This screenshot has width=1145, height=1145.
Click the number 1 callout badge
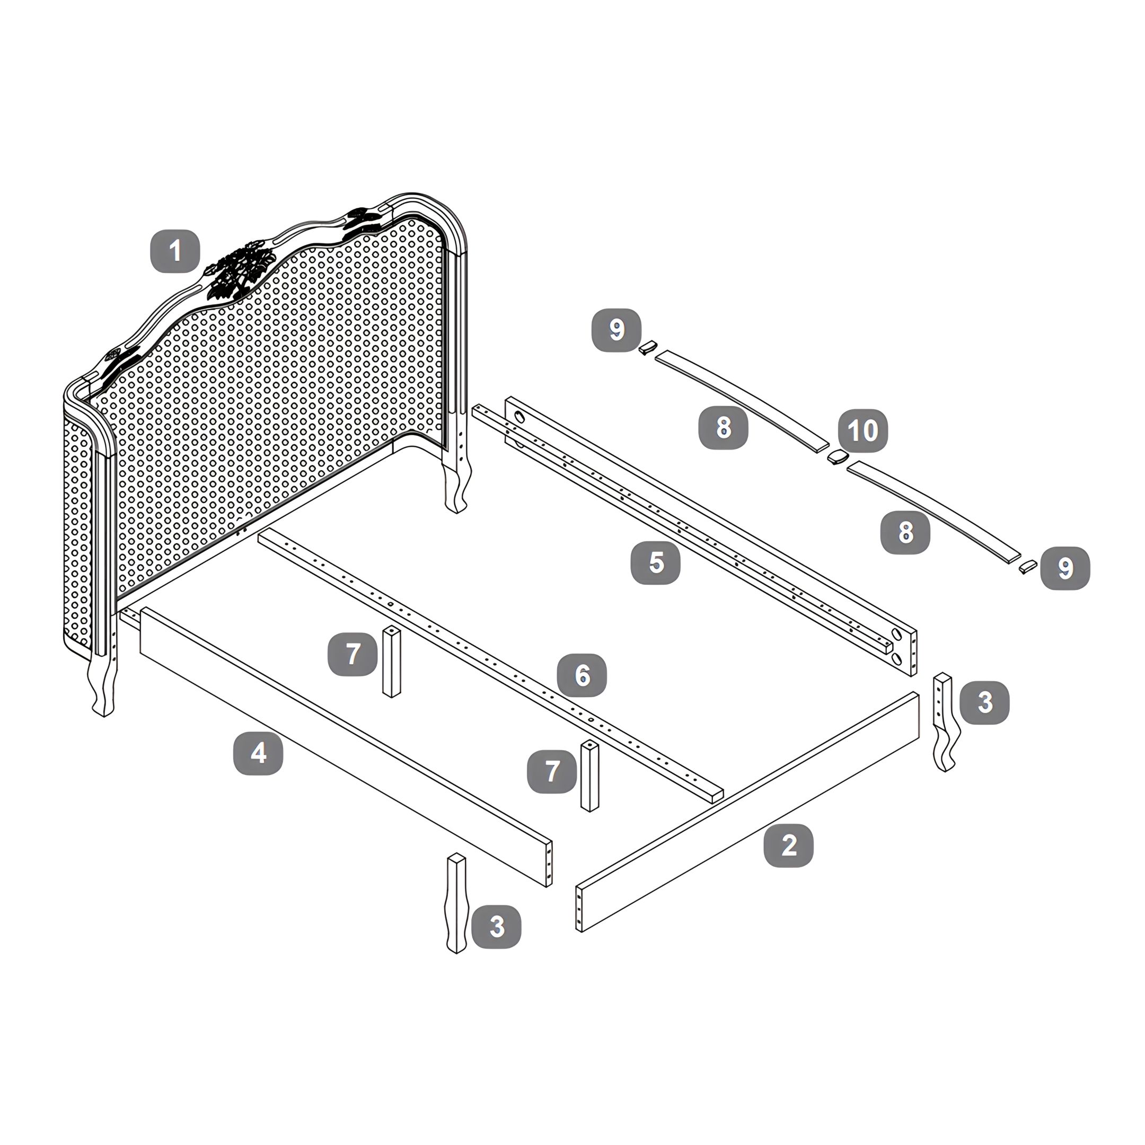tap(175, 251)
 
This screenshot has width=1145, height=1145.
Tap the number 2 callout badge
tap(788, 845)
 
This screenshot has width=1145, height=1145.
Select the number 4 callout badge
tap(258, 753)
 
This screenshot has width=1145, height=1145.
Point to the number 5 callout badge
tap(656, 562)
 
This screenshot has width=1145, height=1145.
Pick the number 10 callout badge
tap(863, 430)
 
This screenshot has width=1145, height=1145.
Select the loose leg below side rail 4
tap(456, 903)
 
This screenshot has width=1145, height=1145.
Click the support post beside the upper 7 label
tap(392, 662)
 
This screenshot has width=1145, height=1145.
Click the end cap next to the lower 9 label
tap(1028, 567)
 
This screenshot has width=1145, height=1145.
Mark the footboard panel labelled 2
tap(748, 812)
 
